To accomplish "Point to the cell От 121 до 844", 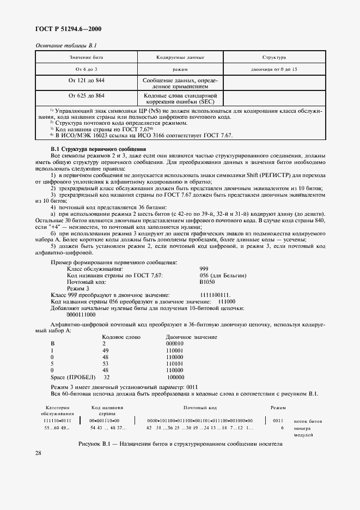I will (86, 81).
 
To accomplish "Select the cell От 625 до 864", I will (86, 95).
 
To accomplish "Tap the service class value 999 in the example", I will (204, 269).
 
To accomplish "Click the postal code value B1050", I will (207, 282).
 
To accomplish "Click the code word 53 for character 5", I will (106, 363).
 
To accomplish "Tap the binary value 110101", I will (174, 363).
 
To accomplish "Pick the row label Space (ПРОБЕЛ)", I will (72, 377).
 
